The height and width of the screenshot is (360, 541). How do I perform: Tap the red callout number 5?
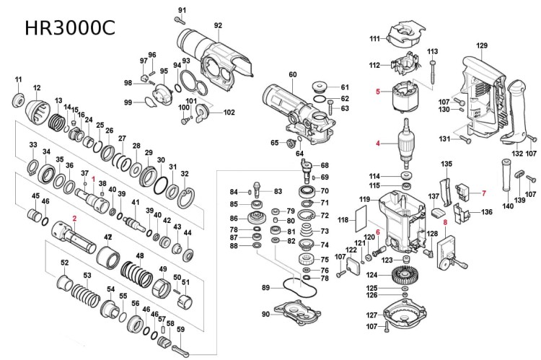pyautogui.click(x=377, y=92)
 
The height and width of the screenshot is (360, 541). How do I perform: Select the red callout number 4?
pyautogui.click(x=377, y=143)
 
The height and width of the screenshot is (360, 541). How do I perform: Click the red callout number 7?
pyautogui.click(x=484, y=193)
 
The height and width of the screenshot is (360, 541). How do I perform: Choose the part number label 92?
pyautogui.click(x=218, y=26)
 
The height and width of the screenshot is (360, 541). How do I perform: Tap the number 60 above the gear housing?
pyautogui.click(x=293, y=74)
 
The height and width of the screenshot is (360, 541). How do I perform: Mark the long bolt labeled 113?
pyautogui.click(x=433, y=72)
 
